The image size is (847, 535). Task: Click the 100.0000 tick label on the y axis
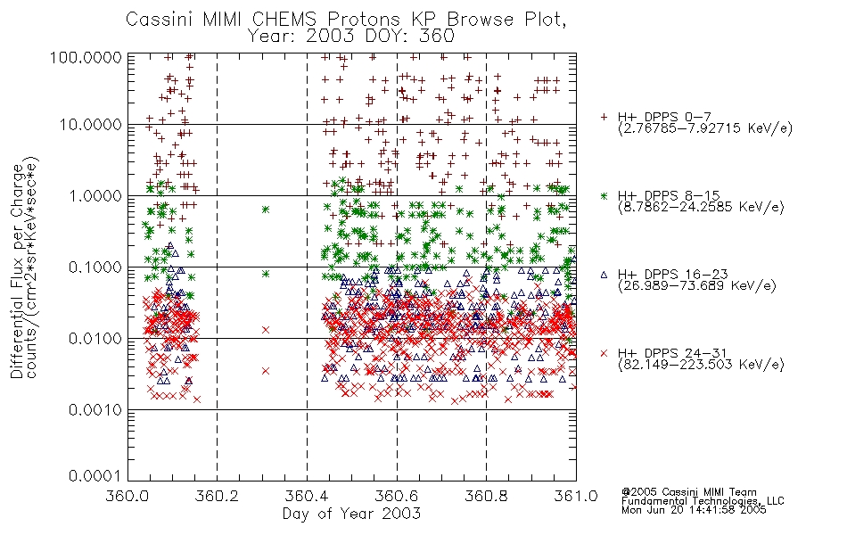(86, 57)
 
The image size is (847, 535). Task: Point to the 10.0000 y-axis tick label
(91, 125)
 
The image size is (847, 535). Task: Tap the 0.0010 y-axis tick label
(95, 410)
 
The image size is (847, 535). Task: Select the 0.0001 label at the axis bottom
(95, 475)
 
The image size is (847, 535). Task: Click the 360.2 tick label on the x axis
(218, 496)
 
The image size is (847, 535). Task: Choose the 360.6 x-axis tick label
(397, 496)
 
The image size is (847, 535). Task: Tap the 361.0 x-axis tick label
(576, 496)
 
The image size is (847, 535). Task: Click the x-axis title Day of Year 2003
(351, 513)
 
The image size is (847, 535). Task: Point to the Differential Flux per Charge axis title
(18, 271)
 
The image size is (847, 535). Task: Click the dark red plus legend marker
(604, 117)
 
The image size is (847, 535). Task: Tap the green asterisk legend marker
(604, 195)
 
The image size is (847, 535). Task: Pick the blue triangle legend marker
(604, 275)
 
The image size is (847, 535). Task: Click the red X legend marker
(604, 353)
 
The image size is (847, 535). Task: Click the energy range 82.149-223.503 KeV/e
(701, 365)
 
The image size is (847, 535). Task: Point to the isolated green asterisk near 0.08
(265, 274)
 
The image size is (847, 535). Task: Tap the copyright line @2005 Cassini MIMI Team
(688, 492)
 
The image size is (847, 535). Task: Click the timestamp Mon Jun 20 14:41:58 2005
(694, 510)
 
